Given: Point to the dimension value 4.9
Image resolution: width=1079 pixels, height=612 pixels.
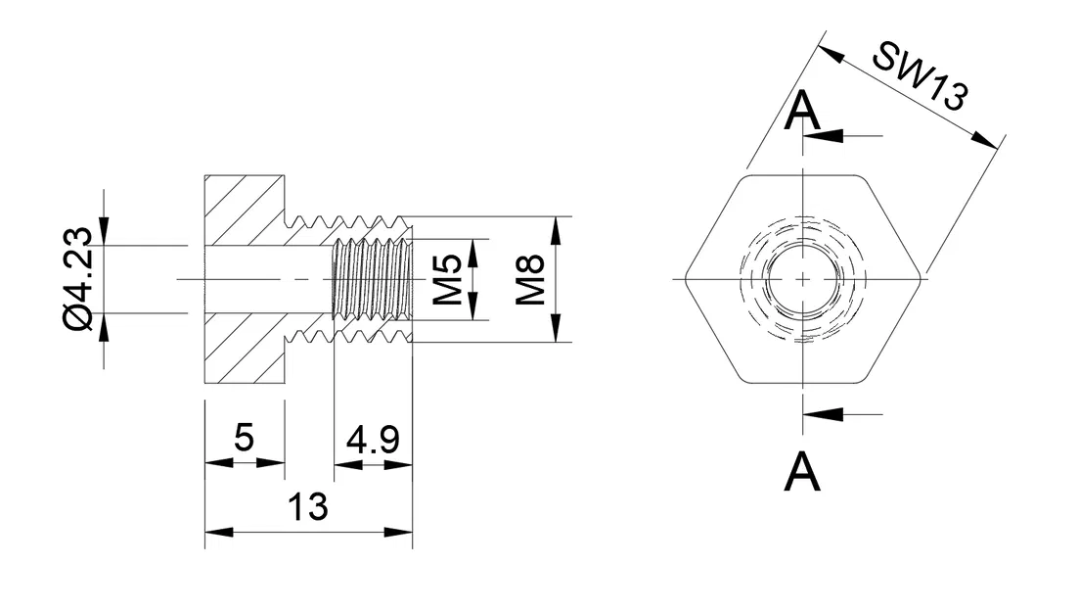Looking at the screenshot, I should coord(373,440).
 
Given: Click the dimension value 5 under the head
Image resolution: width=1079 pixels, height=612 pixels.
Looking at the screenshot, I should coord(244,438).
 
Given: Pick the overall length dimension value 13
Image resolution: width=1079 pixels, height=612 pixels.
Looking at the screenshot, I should coord(307,507).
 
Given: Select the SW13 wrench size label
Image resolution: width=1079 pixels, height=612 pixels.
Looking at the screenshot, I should coord(920,76).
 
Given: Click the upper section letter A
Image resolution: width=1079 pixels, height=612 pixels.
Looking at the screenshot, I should coord(802,113).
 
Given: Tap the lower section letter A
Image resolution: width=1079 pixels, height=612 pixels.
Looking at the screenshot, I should coord(802,472).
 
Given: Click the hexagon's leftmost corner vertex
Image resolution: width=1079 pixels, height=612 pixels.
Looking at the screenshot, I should coord(684,279).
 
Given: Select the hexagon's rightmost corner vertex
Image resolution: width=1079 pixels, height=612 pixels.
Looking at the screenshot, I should coord(922,279).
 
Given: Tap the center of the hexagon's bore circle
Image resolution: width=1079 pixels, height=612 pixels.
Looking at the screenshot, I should coord(802,279).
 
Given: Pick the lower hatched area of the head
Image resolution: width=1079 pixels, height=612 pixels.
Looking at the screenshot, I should coord(240,349).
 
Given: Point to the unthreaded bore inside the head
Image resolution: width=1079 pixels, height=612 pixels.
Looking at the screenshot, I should coord(264,279).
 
